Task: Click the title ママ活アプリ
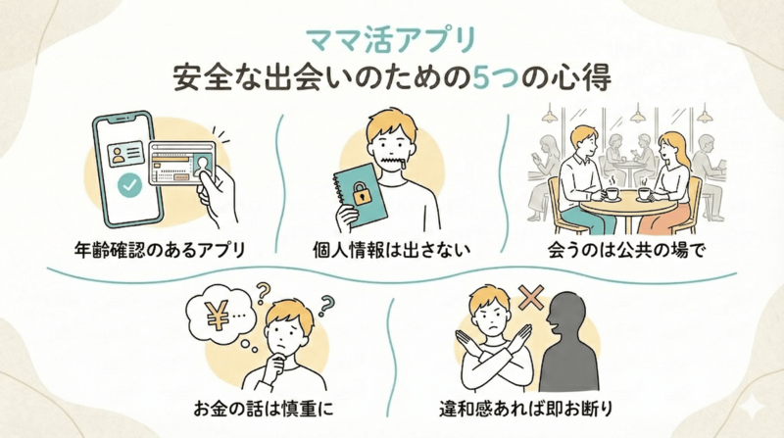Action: click(391, 40)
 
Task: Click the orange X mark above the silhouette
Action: click(532, 297)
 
